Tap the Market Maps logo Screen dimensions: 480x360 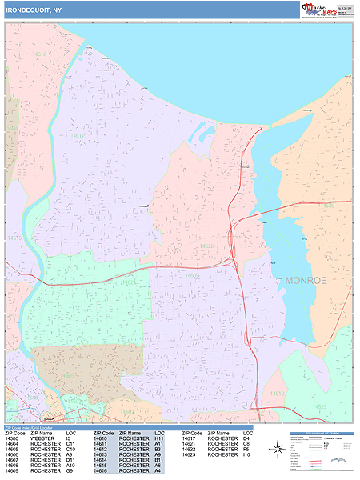pos(327,10)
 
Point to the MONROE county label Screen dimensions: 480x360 pos(306,281)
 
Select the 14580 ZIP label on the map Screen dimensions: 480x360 pos(326,206)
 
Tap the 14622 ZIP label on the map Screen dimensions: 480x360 pos(206,246)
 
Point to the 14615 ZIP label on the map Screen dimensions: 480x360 pos(14,238)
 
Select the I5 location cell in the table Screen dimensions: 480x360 pos(69,438)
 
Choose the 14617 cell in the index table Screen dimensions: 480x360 pos(189,438)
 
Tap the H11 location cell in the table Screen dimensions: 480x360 pos(158,438)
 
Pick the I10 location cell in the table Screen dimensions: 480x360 pos(246,455)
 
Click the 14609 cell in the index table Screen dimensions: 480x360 pos(12,472)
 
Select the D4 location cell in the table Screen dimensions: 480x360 pos(246,438)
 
